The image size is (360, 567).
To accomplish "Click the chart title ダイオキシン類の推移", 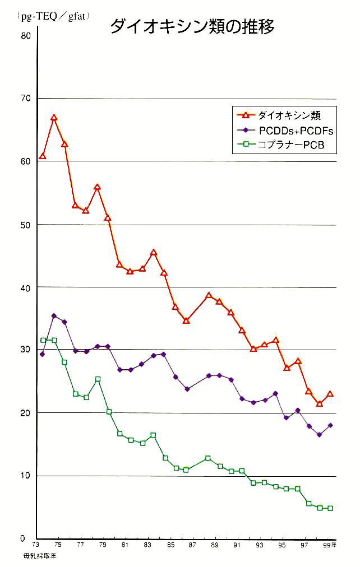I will [192, 27].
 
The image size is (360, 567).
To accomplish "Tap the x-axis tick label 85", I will [169, 545].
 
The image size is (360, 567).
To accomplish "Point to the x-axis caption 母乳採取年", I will [40, 556].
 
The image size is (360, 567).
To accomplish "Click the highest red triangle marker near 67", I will [54, 118].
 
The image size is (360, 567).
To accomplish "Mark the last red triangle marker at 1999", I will [330, 394].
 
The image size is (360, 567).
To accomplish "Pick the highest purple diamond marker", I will [54, 316].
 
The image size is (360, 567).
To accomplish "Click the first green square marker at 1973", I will [43, 340].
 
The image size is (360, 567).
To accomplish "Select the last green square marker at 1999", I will [330, 508].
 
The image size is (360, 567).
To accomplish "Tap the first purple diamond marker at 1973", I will [43, 354].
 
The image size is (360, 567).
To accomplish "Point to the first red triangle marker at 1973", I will [43, 156].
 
